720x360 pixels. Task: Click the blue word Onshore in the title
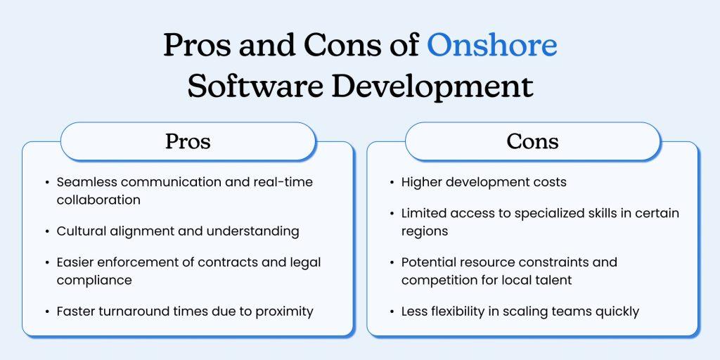click(x=491, y=46)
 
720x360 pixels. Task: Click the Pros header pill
click(x=188, y=141)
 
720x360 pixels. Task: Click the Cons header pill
click(x=532, y=141)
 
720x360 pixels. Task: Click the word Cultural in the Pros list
click(x=80, y=231)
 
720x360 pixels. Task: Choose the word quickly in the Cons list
click(x=616, y=311)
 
